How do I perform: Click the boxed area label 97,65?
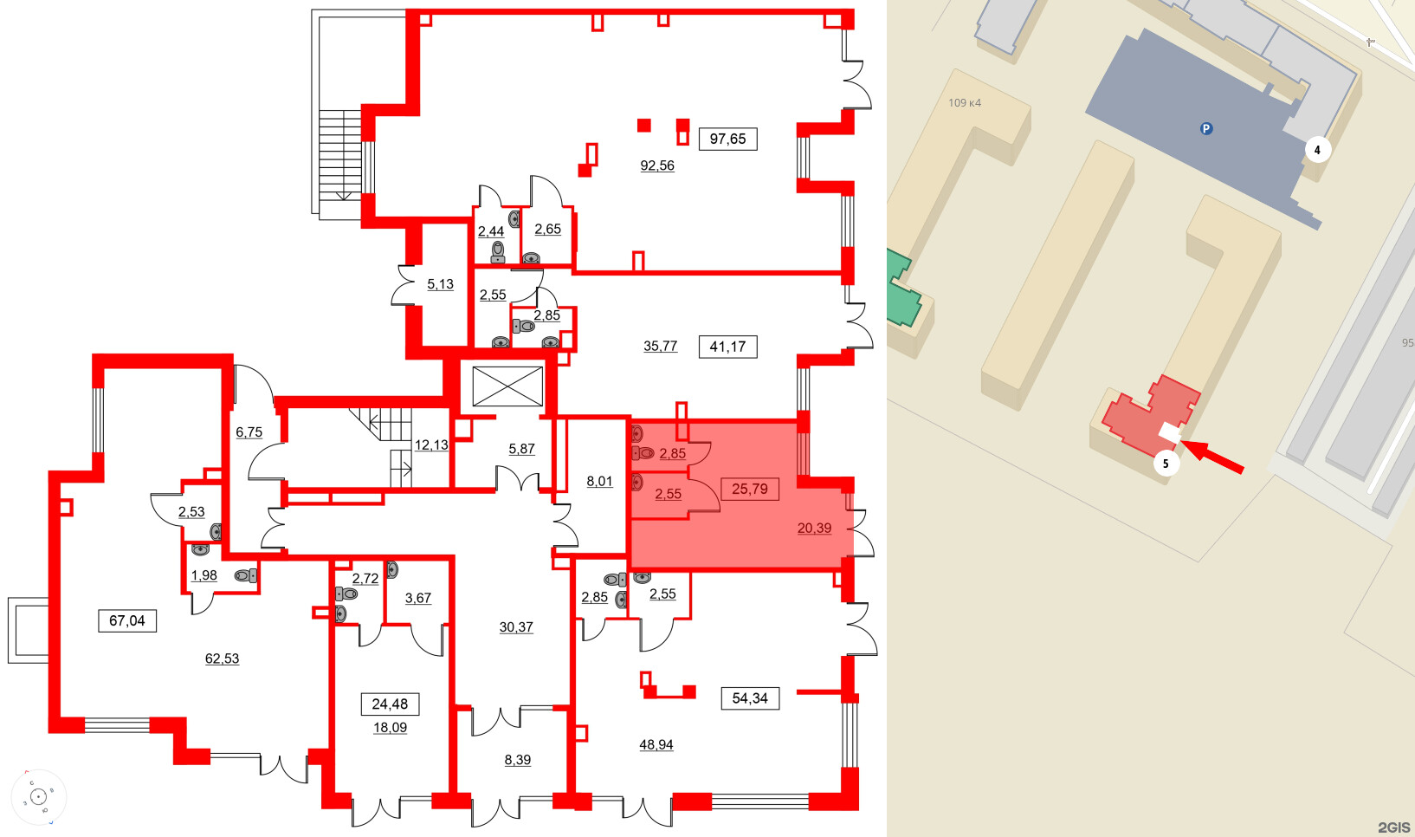click(x=727, y=139)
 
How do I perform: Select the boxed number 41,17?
click(x=727, y=347)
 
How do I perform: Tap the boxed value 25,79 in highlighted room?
click(x=749, y=489)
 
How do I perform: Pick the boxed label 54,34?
click(x=749, y=698)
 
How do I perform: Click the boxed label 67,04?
click(x=126, y=620)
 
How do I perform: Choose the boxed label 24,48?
click(x=390, y=704)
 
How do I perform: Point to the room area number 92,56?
click(x=656, y=165)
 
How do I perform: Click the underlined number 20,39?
click(x=814, y=528)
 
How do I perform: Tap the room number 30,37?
click(x=516, y=627)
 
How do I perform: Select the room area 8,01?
click(x=599, y=482)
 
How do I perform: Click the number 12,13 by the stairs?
click(x=431, y=445)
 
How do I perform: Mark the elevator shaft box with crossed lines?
click(x=507, y=386)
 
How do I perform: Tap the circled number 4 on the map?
click(x=1317, y=150)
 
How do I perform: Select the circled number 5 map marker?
click(x=1166, y=464)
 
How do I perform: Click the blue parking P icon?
click(x=1205, y=129)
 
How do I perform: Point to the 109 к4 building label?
click(x=964, y=103)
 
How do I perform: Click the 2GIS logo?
click(x=1393, y=827)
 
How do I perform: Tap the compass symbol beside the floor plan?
click(x=39, y=797)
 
